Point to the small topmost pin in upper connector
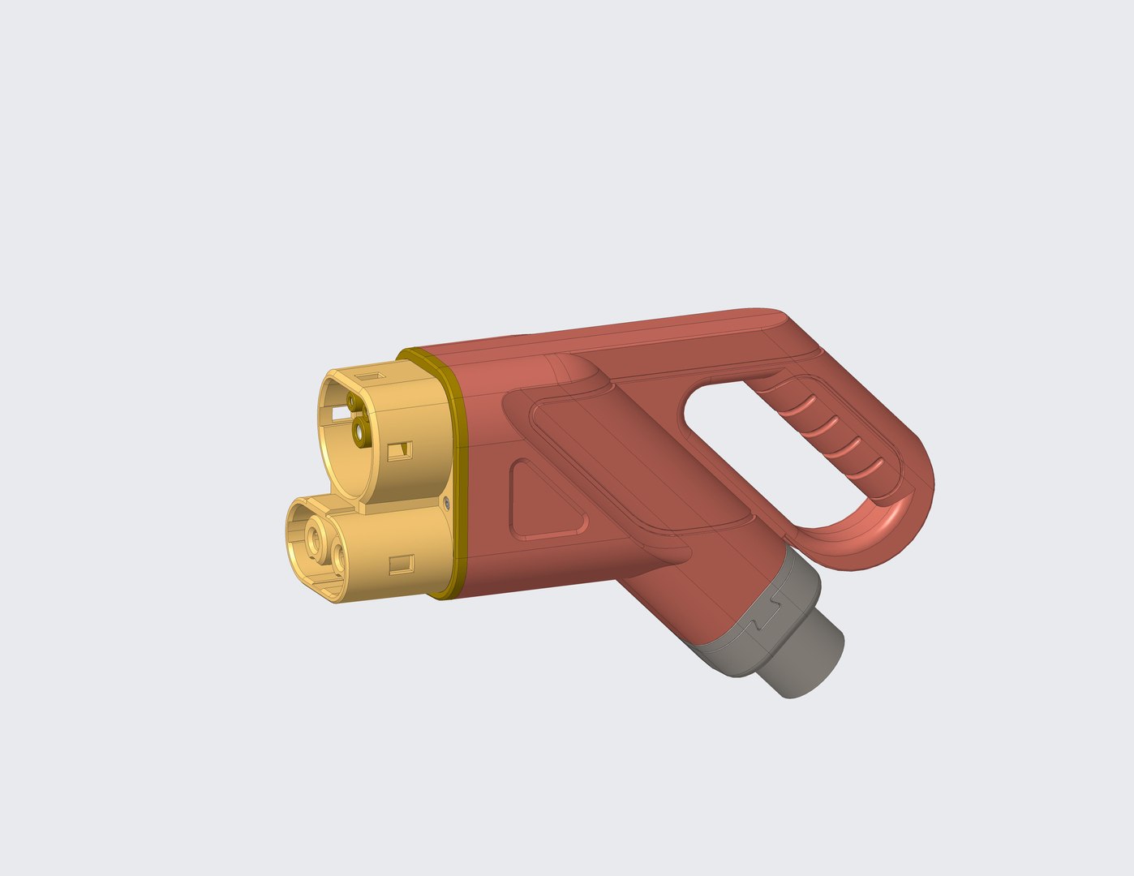350,401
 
